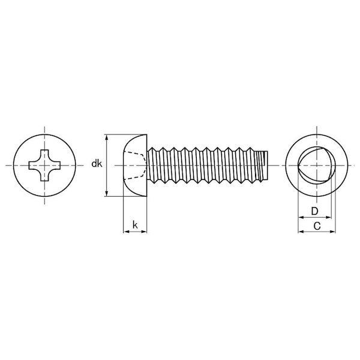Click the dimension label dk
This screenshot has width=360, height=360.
point(97,164)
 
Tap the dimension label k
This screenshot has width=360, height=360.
point(135,225)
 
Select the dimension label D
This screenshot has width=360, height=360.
point(314,211)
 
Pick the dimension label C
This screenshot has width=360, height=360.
point(317,226)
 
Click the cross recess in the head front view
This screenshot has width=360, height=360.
point(44,166)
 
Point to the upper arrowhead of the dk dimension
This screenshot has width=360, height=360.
point(106,137)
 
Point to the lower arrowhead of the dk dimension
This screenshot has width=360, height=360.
point(106,193)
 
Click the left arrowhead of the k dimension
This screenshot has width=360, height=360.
point(126,232)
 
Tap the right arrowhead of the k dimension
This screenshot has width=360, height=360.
point(144,232)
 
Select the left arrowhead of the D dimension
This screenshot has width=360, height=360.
point(301,217)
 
